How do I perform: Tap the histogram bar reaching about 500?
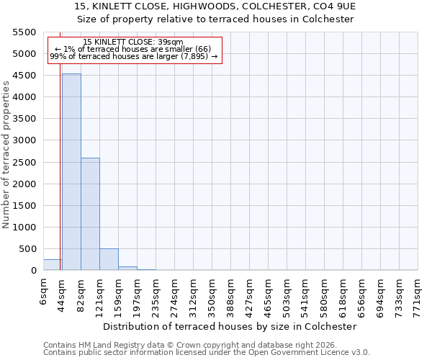click(x=109, y=259)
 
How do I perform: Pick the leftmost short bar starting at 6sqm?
click(x=53, y=265)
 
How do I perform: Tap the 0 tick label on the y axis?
click(x=33, y=271)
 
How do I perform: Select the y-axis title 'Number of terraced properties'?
click(x=6, y=155)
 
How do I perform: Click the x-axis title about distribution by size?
click(x=230, y=326)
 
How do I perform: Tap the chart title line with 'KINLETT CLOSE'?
click(x=215, y=6)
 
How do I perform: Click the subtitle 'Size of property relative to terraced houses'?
click(x=215, y=19)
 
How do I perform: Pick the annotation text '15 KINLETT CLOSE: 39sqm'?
click(x=133, y=42)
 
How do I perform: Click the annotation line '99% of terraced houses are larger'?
click(x=133, y=57)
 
